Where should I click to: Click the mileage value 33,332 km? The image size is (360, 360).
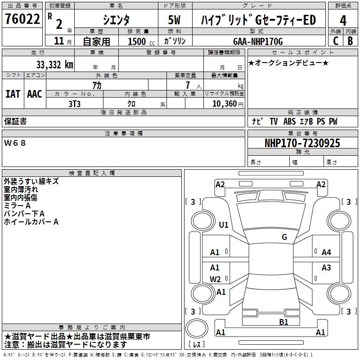(x=54, y=65)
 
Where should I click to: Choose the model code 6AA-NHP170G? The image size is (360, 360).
(x=258, y=41)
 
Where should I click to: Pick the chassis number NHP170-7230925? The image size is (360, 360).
(x=302, y=143)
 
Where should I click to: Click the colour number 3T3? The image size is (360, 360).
(x=74, y=103)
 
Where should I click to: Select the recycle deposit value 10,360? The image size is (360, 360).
(x=224, y=103)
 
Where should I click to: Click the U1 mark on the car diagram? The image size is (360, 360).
(x=224, y=225)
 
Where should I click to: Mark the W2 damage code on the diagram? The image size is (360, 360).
(x=215, y=279)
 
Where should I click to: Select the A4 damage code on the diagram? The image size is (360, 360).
(x=326, y=252)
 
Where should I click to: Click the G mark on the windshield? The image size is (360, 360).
(x=284, y=237)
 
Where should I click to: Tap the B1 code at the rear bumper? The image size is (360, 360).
(x=283, y=322)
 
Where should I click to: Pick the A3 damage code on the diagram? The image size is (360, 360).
(x=326, y=268)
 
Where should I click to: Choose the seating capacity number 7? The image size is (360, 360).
(x=187, y=85)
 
